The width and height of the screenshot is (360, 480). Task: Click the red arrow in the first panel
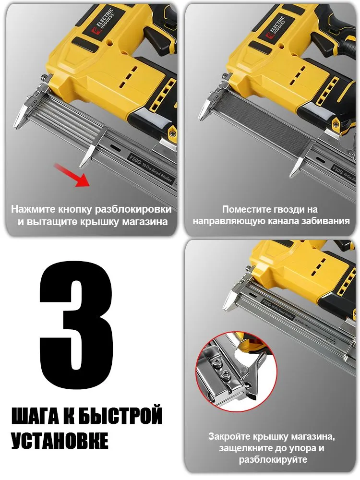coord(72,176)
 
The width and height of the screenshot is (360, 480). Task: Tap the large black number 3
coord(76,325)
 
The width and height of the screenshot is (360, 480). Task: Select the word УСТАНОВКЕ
coord(60,440)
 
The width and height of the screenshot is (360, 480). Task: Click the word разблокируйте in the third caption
coord(273,459)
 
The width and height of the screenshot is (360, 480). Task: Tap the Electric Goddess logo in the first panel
coord(102,21)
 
